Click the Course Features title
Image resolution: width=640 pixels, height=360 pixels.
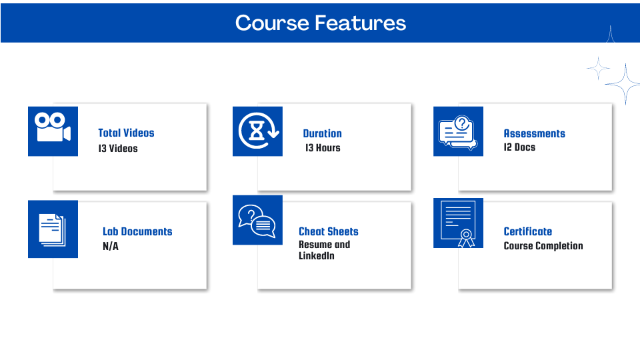click(321, 23)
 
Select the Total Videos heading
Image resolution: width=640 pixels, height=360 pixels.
click(126, 133)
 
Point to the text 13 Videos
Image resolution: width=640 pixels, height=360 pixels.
click(118, 149)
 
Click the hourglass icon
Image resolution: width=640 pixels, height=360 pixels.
click(258, 131)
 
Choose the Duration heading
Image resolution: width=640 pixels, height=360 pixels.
click(323, 133)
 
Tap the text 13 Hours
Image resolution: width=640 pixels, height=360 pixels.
click(323, 148)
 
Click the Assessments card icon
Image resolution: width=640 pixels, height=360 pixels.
click(458, 132)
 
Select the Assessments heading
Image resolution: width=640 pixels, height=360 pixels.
click(534, 133)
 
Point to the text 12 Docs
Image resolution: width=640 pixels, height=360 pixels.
click(519, 147)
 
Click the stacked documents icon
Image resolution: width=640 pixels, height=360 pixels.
click(53, 230)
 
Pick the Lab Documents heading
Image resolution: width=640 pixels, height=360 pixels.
click(137, 231)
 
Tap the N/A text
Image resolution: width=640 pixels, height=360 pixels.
click(111, 246)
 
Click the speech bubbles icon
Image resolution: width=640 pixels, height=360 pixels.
click(257, 221)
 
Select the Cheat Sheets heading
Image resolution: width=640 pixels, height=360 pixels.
click(329, 231)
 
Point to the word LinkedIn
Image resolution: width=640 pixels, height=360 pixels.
click(317, 256)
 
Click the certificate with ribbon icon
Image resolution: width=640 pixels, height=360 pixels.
click(459, 224)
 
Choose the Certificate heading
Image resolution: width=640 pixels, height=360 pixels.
click(528, 231)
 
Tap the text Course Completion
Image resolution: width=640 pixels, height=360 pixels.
click(543, 246)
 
